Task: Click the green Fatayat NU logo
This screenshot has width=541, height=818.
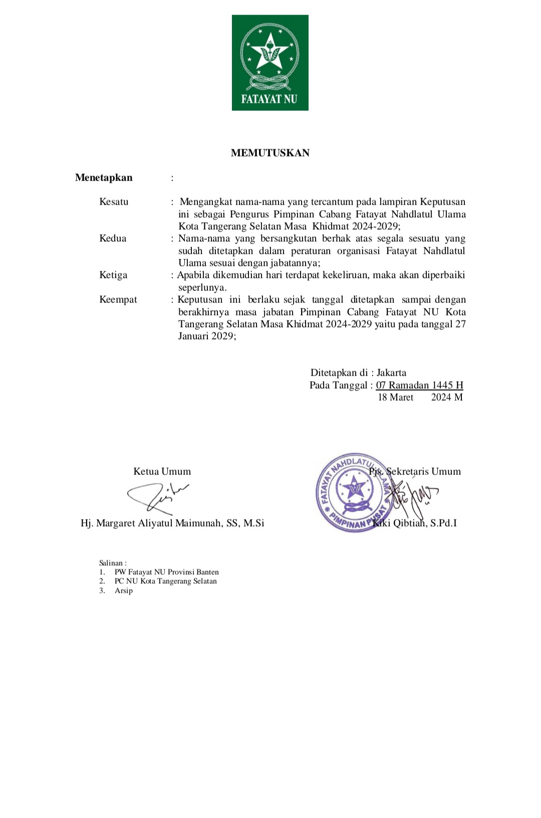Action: pyautogui.click(x=270, y=63)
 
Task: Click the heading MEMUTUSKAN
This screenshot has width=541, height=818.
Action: pyautogui.click(x=270, y=153)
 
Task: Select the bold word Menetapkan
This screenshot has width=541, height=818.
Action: pyautogui.click(x=104, y=178)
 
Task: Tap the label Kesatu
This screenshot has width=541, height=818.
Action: pyautogui.click(x=114, y=202)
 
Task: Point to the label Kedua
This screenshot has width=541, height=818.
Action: pyautogui.click(x=113, y=238)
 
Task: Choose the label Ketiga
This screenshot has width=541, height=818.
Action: pyautogui.click(x=113, y=275)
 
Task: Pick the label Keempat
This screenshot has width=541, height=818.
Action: pyautogui.click(x=118, y=299)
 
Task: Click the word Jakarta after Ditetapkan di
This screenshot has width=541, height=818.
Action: pyautogui.click(x=391, y=373)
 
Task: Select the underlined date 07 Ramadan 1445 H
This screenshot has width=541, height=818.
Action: pyautogui.click(x=419, y=385)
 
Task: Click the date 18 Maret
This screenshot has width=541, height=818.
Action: pyautogui.click(x=395, y=397)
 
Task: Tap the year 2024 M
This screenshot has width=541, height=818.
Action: pyautogui.click(x=447, y=397)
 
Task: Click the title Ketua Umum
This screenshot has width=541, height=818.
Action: pyautogui.click(x=162, y=471)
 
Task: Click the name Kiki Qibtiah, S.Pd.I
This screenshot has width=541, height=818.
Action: pyautogui.click(x=415, y=523)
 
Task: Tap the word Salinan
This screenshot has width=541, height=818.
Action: pyautogui.click(x=112, y=563)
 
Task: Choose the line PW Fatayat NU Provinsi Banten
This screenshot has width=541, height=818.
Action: pyautogui.click(x=166, y=572)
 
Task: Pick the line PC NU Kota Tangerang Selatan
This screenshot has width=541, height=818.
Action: pyautogui.click(x=165, y=581)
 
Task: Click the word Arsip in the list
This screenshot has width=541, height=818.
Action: pyautogui.click(x=124, y=591)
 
